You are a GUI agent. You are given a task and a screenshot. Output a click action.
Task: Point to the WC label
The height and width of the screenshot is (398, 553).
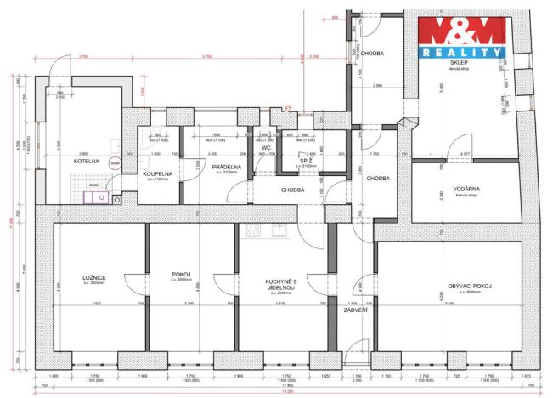(x=266, y=148)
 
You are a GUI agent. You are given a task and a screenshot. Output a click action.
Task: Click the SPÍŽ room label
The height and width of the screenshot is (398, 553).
(x=305, y=159)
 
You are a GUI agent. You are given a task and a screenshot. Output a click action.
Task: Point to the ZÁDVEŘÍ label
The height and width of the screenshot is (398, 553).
(x=355, y=310)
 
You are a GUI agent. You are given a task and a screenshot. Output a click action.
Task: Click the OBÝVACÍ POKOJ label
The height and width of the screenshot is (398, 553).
(x=470, y=286)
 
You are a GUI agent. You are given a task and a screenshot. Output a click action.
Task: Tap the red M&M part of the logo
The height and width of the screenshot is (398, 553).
(x=461, y=32)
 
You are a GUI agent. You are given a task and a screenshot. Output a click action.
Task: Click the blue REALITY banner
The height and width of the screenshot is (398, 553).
(x=461, y=53)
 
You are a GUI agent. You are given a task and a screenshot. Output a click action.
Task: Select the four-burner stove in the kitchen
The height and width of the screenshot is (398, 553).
(x=252, y=230)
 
